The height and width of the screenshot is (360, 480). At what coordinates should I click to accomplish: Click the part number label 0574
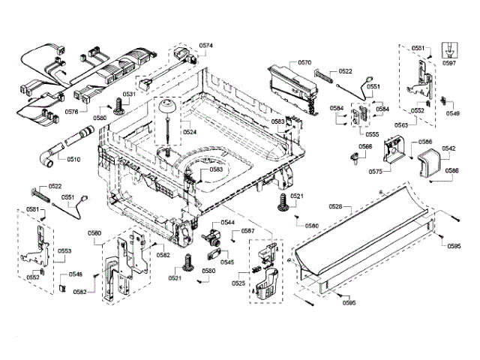(x=205, y=46)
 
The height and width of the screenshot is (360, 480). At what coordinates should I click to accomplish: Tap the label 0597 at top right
(x=448, y=63)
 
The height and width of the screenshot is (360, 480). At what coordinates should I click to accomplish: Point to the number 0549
(x=452, y=113)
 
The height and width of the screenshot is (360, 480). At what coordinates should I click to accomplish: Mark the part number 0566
(x=365, y=146)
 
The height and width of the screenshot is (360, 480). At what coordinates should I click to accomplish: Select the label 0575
(x=376, y=172)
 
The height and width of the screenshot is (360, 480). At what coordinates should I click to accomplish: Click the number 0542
(x=448, y=148)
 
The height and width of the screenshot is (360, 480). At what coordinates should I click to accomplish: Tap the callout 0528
(x=335, y=205)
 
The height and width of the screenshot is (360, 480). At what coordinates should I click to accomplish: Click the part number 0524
(x=189, y=132)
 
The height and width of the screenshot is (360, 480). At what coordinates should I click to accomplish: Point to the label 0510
(x=73, y=159)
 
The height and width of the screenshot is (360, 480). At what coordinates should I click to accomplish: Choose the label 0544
(x=226, y=223)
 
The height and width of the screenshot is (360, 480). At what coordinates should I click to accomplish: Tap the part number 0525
(x=238, y=283)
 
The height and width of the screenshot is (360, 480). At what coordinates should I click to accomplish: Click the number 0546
(x=75, y=275)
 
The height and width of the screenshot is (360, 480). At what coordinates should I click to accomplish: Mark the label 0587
(x=247, y=232)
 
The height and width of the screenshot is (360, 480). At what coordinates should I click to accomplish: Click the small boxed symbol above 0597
(x=449, y=47)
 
